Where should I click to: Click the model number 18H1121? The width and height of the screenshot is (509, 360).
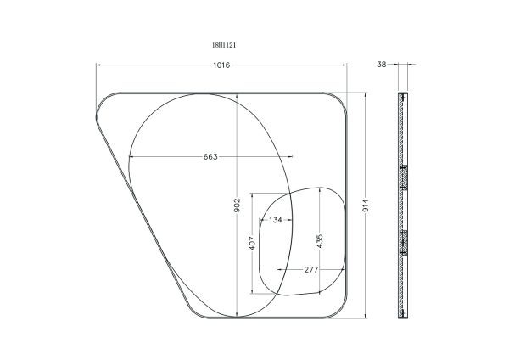[x=224, y=45]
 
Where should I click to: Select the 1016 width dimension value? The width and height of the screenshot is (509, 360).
[x=221, y=65]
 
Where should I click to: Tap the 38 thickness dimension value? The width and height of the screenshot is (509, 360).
[x=382, y=65]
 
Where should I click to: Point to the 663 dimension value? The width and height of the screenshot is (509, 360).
[x=210, y=156]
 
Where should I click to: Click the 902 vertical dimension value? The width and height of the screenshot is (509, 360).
[x=237, y=205]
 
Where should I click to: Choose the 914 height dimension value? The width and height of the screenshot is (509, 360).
[x=366, y=205]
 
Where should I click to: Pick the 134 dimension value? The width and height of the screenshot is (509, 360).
[x=275, y=220]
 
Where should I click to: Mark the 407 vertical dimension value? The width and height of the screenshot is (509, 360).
[x=252, y=243]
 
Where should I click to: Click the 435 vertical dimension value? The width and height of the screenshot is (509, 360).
[x=320, y=241]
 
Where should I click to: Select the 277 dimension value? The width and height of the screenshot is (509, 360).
[x=311, y=269]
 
